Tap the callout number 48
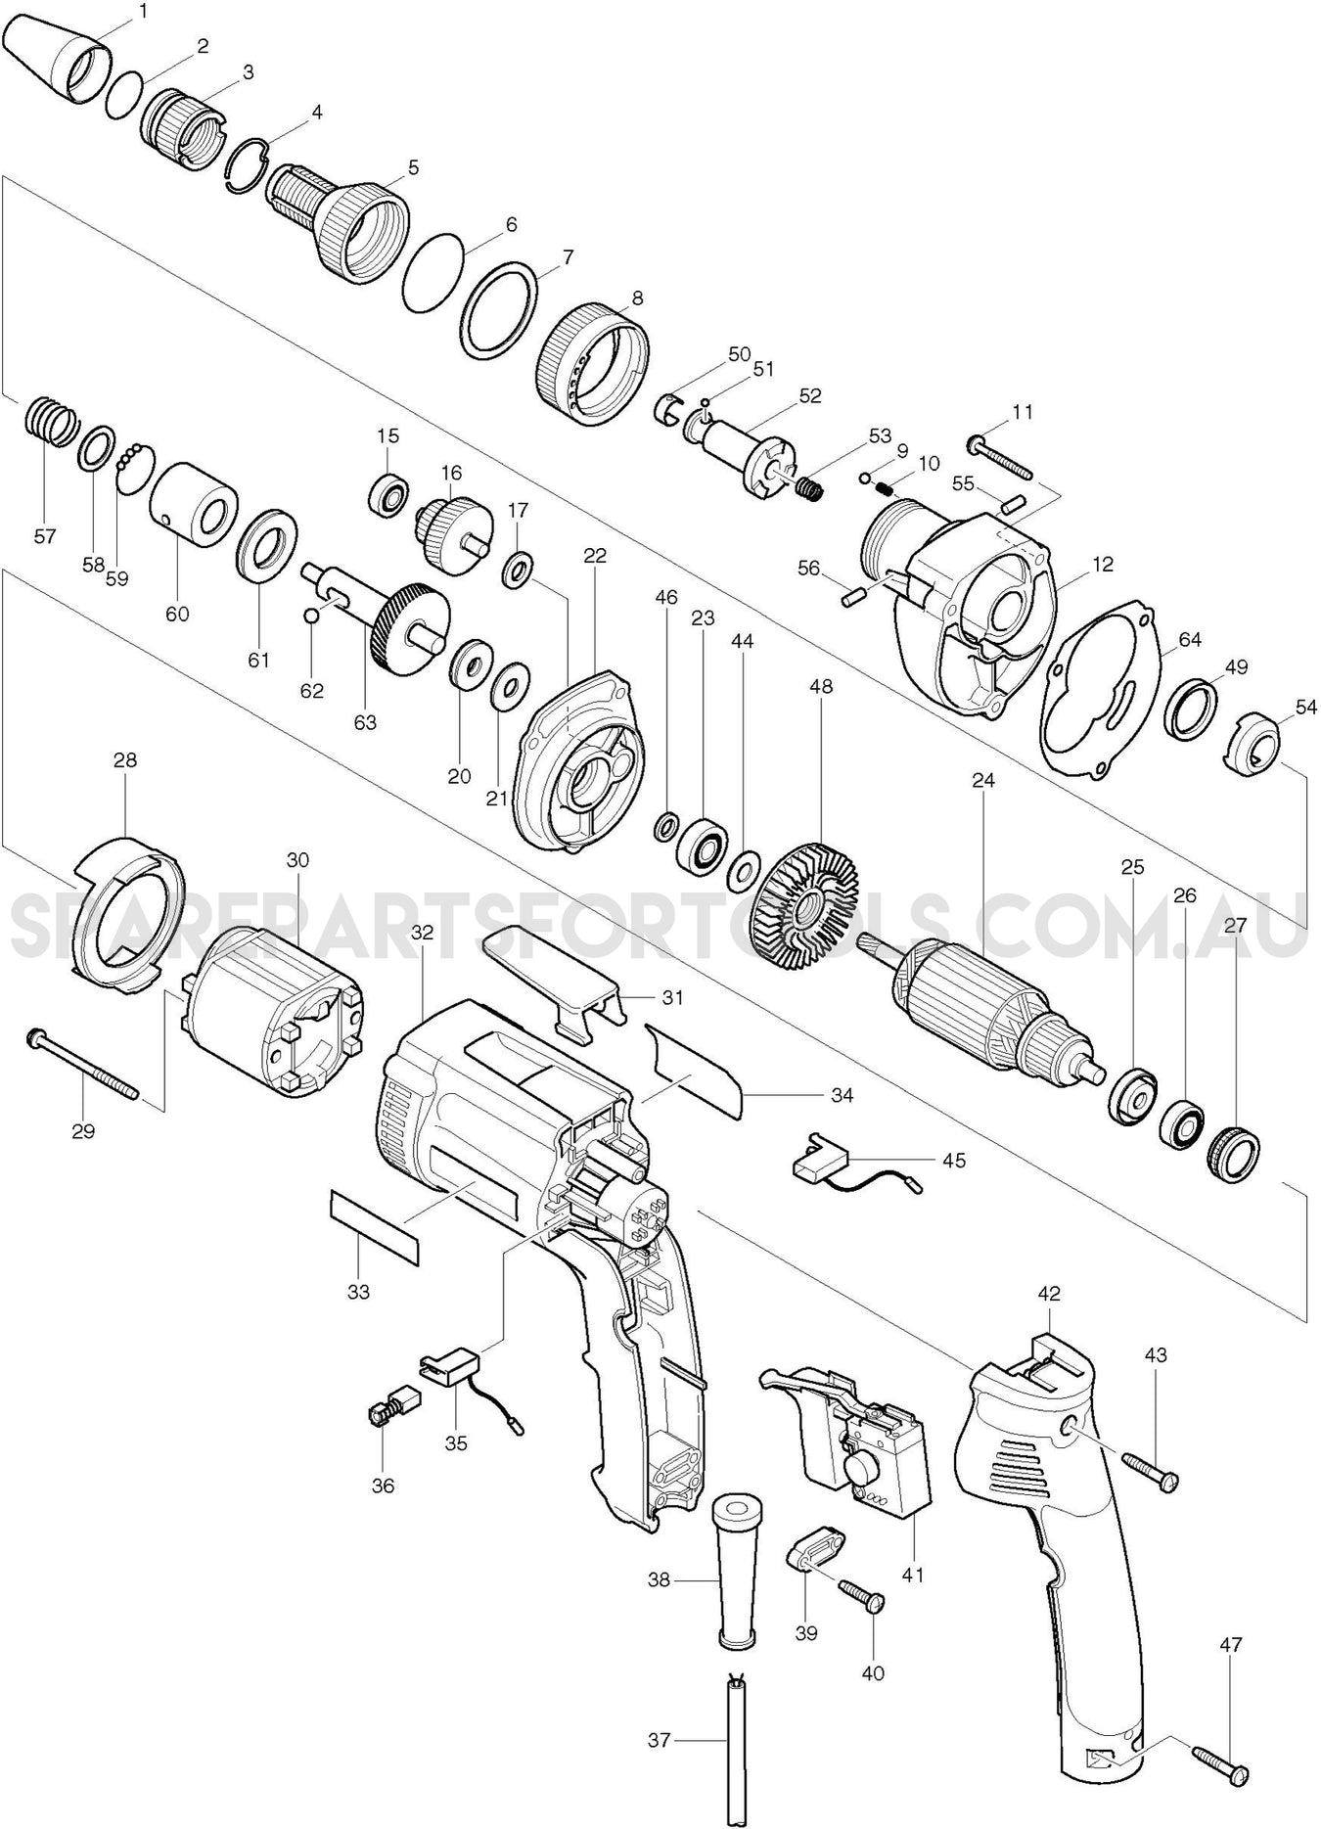click(821, 687)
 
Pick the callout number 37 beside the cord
click(660, 1740)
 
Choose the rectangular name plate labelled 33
click(374, 1227)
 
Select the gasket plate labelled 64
click(1101, 690)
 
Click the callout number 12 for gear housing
click(1103, 565)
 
